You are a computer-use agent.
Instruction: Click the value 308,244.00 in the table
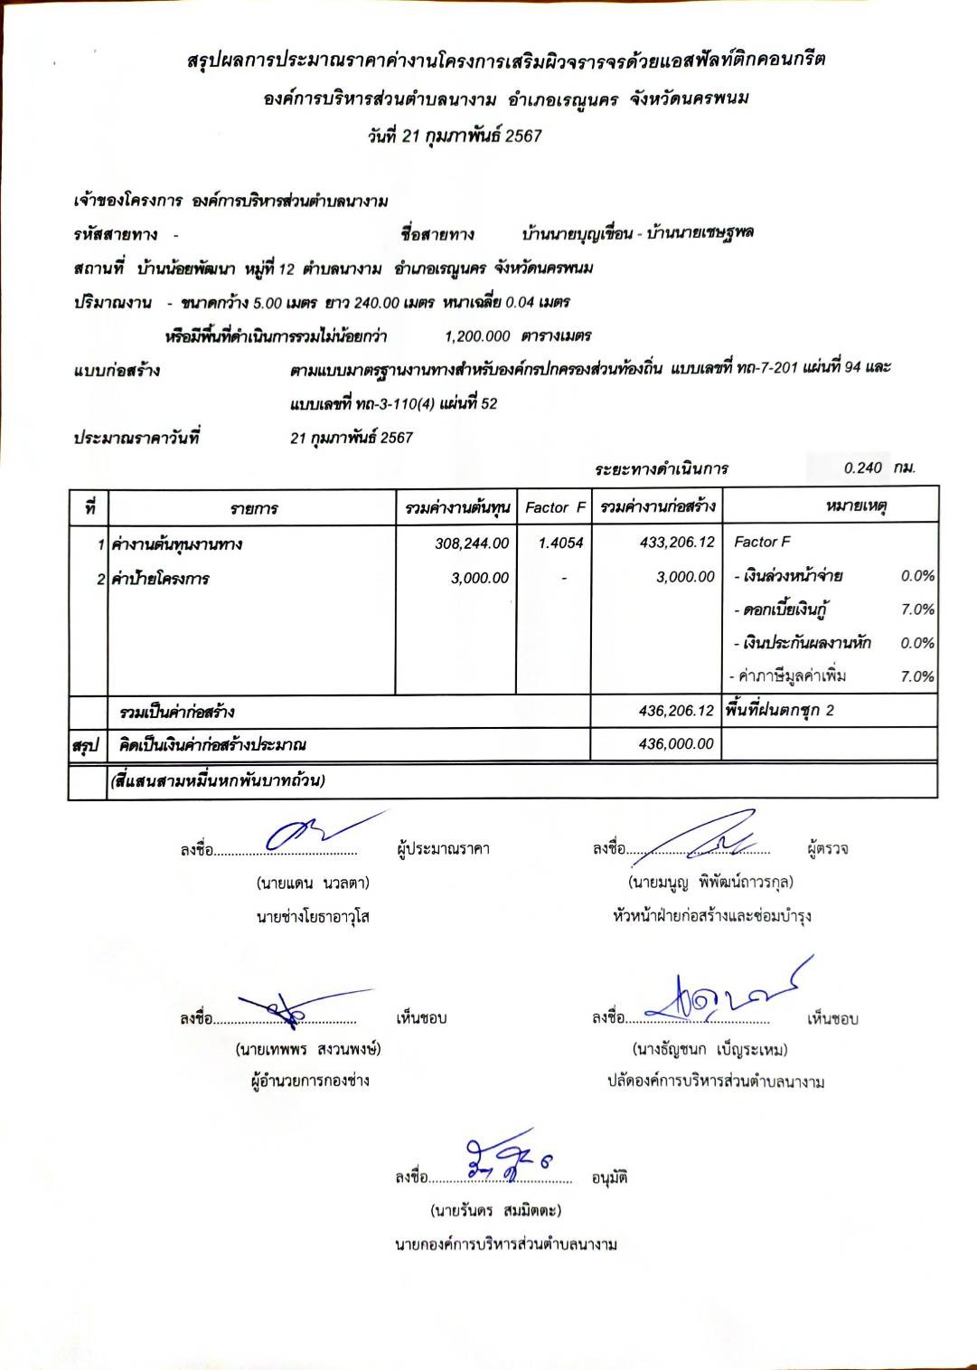tap(472, 543)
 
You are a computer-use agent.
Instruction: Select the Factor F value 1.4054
tap(560, 543)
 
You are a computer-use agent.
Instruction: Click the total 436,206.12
tap(676, 711)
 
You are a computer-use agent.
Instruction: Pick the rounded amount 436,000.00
tap(676, 744)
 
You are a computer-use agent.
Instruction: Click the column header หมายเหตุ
tap(855, 506)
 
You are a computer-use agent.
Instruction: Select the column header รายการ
tap(253, 508)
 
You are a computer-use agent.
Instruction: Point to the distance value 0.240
tap(862, 468)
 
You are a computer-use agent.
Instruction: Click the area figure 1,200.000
tap(477, 336)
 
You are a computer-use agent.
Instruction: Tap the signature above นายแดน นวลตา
tap(316, 832)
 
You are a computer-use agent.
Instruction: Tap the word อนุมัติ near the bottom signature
tap(609, 1177)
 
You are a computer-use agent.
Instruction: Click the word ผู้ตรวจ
tap(827, 848)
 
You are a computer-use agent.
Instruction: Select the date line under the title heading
tap(455, 137)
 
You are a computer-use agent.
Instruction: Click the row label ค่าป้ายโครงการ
tap(160, 579)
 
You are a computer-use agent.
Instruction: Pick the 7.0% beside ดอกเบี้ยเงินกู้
tap(917, 609)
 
